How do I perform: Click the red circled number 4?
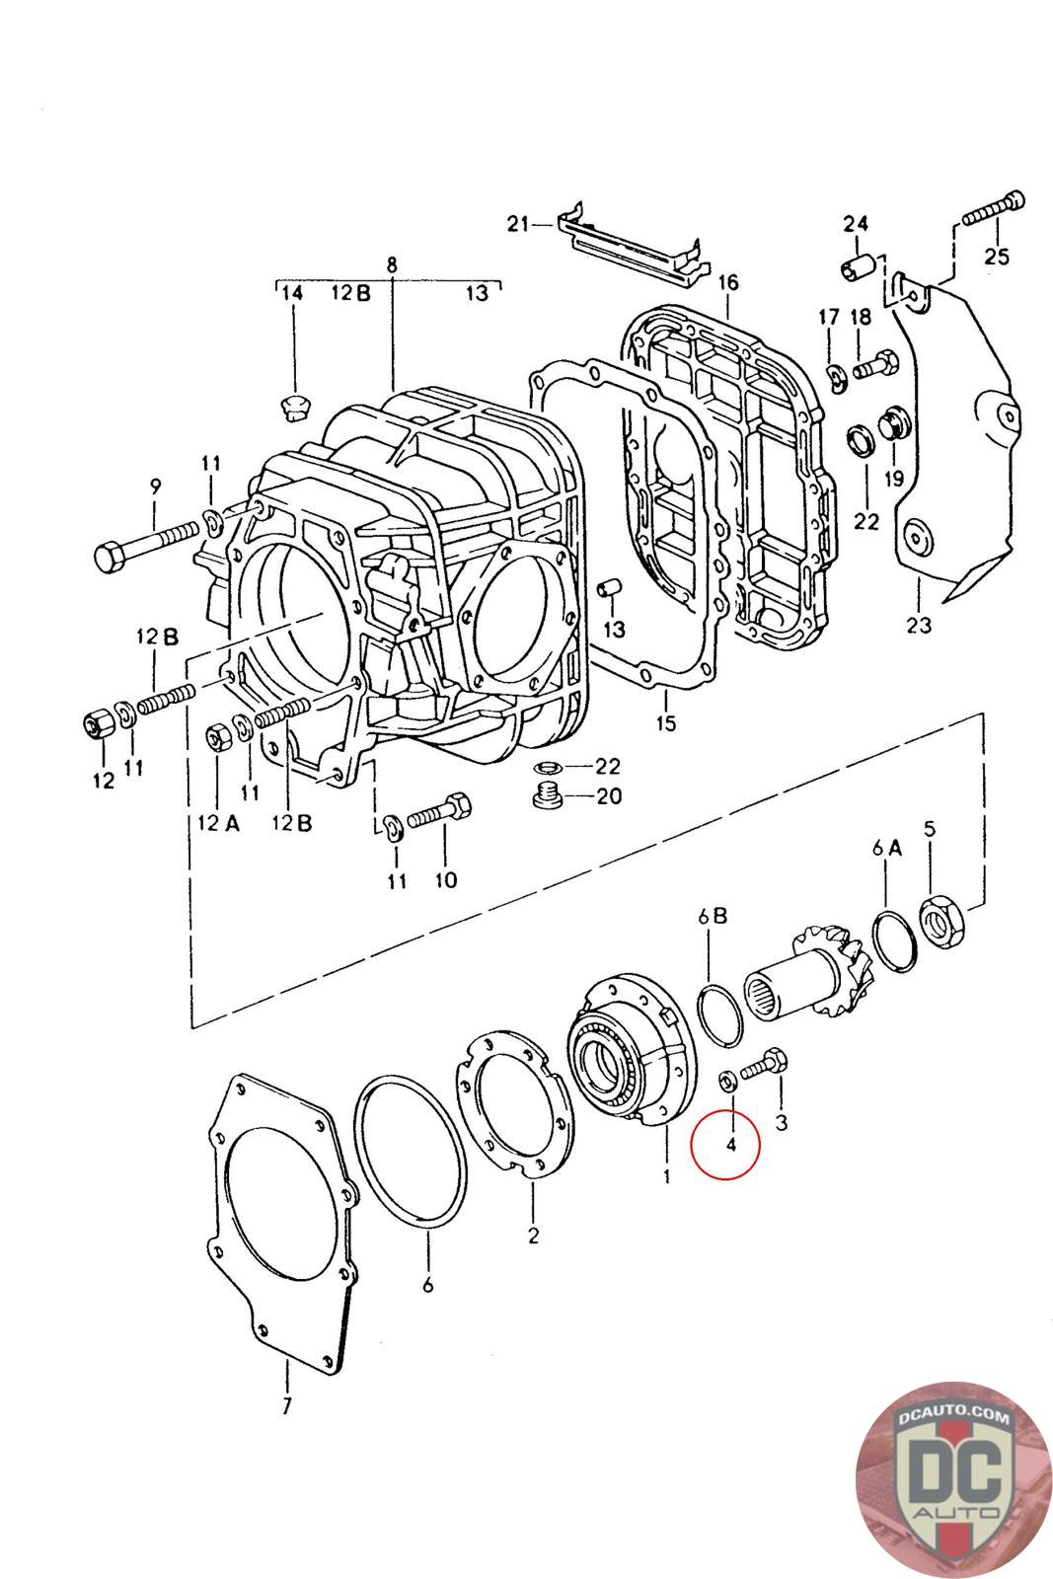coord(730,1145)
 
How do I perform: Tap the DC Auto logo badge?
coord(953,1480)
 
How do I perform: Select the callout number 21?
coord(518,224)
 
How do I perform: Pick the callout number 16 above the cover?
coord(728,282)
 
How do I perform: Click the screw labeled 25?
coord(993,209)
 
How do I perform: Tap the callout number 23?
coord(919,624)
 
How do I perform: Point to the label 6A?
coord(886,848)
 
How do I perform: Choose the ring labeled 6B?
coord(718,1015)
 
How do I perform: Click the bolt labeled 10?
coord(439,810)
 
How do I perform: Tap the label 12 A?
coord(218,823)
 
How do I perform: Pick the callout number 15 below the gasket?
coord(665,723)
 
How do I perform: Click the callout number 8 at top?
coord(392,265)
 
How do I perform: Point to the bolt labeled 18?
coord(874,367)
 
